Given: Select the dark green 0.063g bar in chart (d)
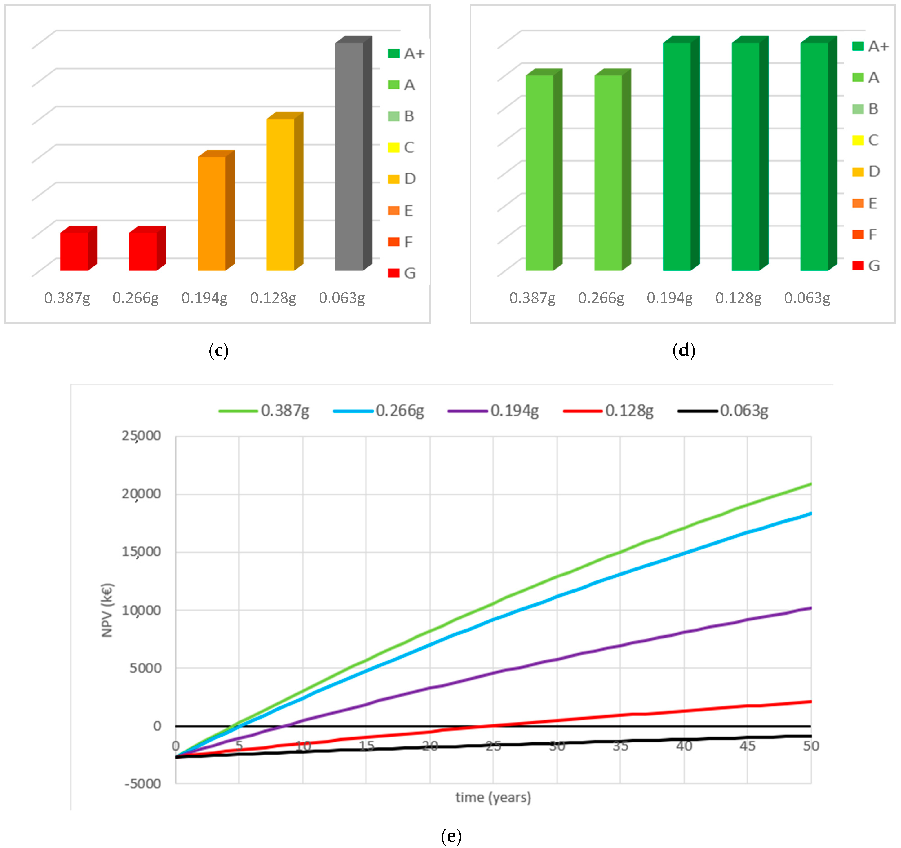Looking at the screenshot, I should [814, 156].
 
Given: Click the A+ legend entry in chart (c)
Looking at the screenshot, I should [406, 53].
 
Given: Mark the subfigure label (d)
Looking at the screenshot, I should [684, 350].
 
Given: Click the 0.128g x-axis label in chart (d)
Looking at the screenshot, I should [738, 298].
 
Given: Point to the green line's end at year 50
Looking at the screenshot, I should [810, 484].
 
